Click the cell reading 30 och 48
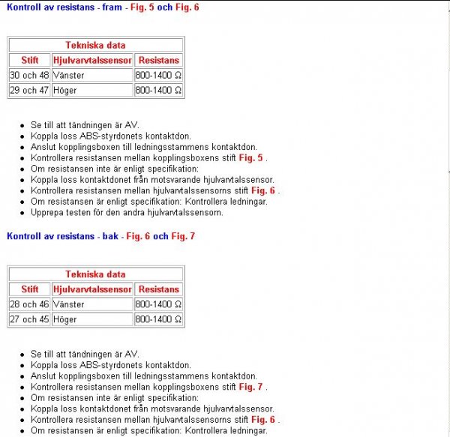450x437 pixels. click(x=29, y=76)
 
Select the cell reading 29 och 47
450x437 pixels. click(x=29, y=91)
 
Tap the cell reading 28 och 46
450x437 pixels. click(x=29, y=304)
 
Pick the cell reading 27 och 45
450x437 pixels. click(x=29, y=319)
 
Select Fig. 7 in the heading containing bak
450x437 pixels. click(x=182, y=236)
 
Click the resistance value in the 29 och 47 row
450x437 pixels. click(x=158, y=91)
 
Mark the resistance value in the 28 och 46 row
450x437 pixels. click(x=158, y=304)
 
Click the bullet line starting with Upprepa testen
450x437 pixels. click(x=127, y=212)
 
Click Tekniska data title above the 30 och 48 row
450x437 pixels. click(x=95, y=45)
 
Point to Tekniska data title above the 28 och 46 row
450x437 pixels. click(x=95, y=274)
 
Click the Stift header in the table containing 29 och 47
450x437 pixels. click(x=30, y=60)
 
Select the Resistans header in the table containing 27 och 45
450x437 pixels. click(x=159, y=289)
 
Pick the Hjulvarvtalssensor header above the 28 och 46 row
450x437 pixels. click(x=92, y=289)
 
